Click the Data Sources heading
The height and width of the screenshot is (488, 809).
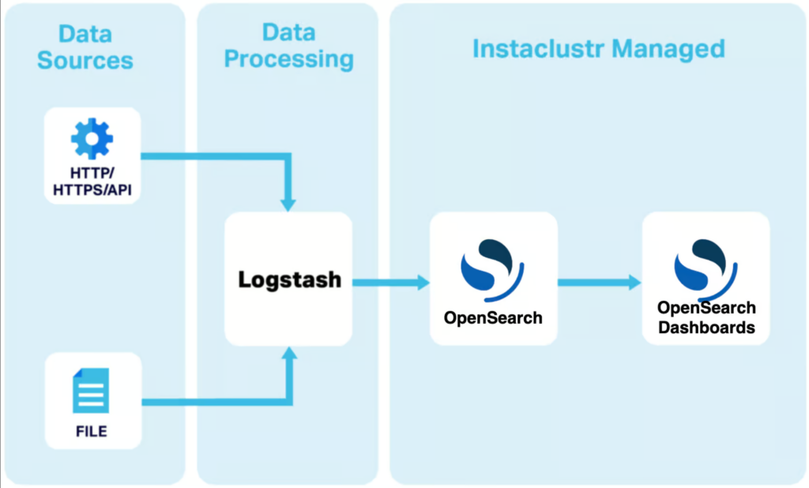pyautogui.click(x=85, y=47)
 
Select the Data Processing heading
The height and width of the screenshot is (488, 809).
pyautogui.click(x=288, y=46)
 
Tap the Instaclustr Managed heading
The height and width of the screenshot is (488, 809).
pyautogui.click(x=598, y=49)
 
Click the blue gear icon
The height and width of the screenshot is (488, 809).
pyautogui.click(x=92, y=138)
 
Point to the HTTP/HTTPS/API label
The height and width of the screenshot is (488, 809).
pyautogui.click(x=92, y=181)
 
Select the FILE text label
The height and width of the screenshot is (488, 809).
pyautogui.click(x=92, y=432)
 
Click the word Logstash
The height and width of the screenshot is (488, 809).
pyautogui.click(x=290, y=280)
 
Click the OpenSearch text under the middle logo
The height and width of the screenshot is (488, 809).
pyautogui.click(x=493, y=318)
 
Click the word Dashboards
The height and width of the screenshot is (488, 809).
pyautogui.click(x=706, y=327)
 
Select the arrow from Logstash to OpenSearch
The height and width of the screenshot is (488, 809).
pyautogui.click(x=390, y=282)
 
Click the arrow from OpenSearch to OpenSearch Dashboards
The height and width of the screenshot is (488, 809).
pyautogui.click(x=599, y=282)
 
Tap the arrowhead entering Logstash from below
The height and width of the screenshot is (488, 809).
pyautogui.click(x=288, y=355)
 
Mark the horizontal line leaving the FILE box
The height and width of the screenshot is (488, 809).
pyautogui.click(x=213, y=403)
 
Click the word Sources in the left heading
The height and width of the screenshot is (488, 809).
pyautogui.click(x=85, y=60)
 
